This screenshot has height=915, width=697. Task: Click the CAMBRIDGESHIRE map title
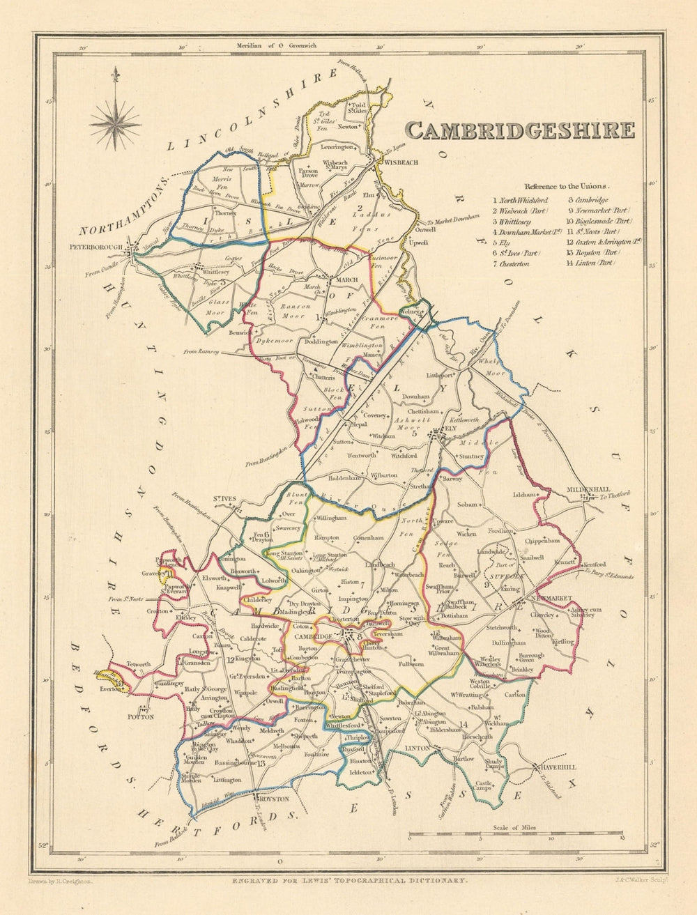tap(520, 130)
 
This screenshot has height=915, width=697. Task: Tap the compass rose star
tap(115, 123)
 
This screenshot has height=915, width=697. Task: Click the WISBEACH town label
tap(399, 162)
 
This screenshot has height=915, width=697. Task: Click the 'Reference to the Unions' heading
tap(567, 186)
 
